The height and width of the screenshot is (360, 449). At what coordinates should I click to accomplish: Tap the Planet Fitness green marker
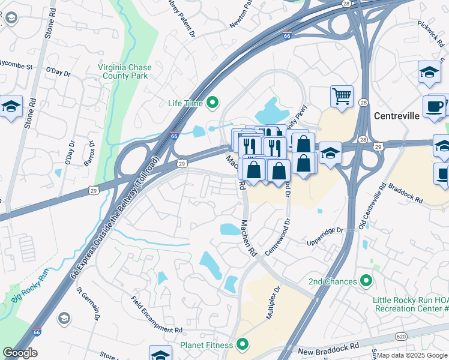click(x=243, y=344)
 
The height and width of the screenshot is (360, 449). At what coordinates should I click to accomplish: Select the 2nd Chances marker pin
click(x=366, y=281)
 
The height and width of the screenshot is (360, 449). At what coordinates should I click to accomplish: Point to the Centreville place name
click(x=396, y=116)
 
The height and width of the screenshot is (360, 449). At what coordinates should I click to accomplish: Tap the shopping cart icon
click(x=342, y=96)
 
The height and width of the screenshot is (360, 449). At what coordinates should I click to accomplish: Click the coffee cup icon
click(x=434, y=106)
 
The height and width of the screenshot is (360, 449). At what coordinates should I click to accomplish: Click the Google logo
click(x=20, y=353)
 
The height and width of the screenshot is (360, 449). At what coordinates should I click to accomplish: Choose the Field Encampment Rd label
click(x=156, y=314)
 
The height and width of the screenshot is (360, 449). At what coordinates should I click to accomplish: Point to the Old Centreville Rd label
click(x=371, y=207)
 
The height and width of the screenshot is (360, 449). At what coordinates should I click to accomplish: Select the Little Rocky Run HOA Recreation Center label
click(x=411, y=304)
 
